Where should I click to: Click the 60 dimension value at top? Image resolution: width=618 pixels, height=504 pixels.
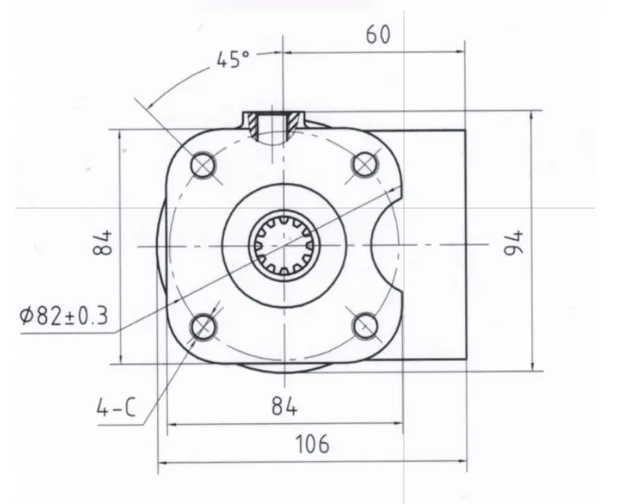pos(378,35)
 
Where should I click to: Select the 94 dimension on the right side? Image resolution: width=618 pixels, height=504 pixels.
pos(514,242)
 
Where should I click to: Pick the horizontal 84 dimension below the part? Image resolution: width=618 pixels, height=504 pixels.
pos(284,407)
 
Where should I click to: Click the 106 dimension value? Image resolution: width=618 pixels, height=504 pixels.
pos(313,443)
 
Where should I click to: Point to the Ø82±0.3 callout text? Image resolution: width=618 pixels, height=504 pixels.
pos(64,316)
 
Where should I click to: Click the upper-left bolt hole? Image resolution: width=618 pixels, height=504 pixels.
pos(203,166)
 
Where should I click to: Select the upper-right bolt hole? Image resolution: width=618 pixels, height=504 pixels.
pos(365,166)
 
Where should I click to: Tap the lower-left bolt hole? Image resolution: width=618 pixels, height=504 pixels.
pos(203,328)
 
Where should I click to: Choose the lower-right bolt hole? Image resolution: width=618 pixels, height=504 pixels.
pos(365,328)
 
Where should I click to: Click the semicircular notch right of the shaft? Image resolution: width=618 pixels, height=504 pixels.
pos(385,247)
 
